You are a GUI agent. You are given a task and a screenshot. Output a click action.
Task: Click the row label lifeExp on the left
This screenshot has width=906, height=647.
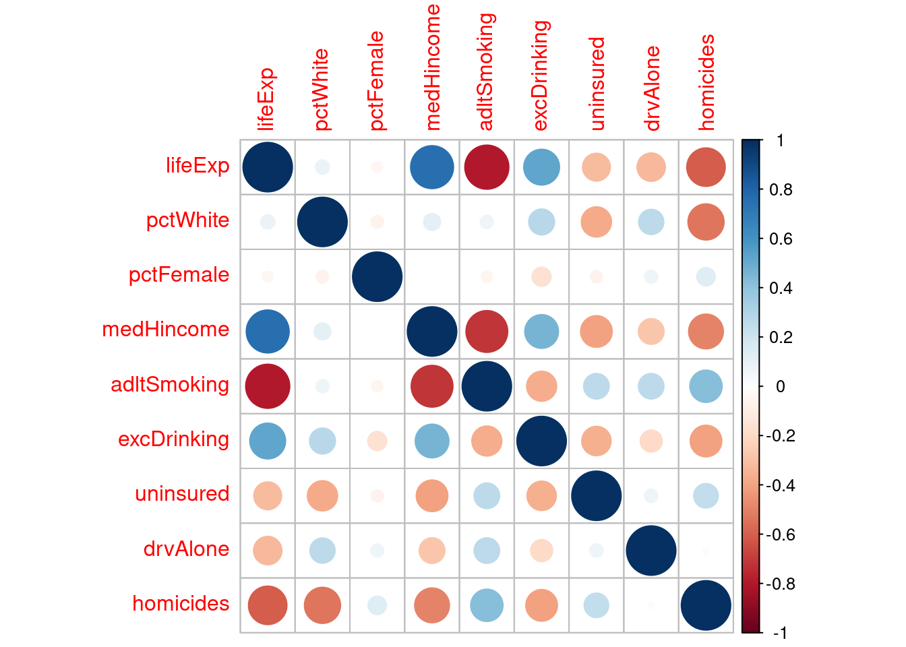198,166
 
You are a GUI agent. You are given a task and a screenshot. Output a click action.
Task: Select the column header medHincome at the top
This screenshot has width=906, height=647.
432,67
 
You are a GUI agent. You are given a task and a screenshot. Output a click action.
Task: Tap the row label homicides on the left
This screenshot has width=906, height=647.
181,603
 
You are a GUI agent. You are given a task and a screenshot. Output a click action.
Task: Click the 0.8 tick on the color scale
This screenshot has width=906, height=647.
781,190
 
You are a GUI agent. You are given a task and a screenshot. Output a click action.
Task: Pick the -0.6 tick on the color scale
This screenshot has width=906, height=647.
779,535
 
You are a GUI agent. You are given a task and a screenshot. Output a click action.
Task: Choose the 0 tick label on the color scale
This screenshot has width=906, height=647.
780,387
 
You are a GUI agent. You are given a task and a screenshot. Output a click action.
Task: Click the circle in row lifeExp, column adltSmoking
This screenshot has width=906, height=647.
487,167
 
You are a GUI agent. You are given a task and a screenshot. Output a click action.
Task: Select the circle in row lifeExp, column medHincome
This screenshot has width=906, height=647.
432,167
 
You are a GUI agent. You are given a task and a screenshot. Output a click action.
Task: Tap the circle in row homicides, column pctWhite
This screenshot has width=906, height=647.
322,605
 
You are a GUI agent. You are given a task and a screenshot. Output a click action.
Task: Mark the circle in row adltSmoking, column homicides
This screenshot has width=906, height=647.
706,386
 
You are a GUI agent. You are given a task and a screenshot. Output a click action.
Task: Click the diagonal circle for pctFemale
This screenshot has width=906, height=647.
377,277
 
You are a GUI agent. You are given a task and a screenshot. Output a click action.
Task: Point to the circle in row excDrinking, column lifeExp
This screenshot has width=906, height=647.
268,441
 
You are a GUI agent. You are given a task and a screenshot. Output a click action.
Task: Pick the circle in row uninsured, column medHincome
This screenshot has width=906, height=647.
432,496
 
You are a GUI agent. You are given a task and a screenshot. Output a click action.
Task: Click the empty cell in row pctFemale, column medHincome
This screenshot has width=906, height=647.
432,277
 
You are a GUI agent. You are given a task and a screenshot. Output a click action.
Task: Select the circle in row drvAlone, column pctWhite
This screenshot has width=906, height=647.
322,551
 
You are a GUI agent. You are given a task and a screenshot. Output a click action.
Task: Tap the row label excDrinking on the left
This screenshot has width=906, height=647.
173,439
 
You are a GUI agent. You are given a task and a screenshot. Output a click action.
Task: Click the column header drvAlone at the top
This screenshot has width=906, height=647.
651,88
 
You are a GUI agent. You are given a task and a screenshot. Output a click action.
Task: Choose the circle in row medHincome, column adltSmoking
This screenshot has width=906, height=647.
487,332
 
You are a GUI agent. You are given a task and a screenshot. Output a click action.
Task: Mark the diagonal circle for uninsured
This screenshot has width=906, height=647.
597,496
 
